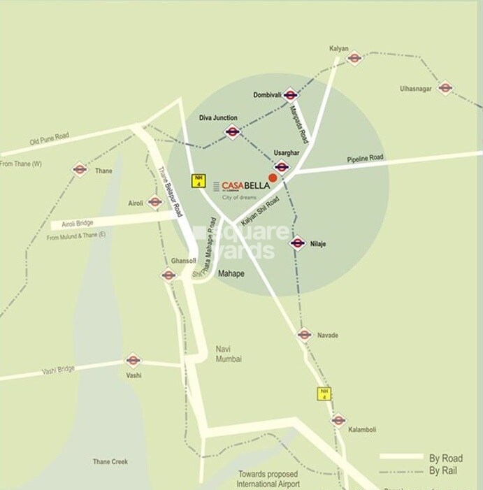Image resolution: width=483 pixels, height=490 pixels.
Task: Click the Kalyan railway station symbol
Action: coord(354,58)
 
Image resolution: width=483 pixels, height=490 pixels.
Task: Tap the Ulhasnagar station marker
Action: coord(445,87)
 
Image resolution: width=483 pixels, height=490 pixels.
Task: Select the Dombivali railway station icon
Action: coord(291,95)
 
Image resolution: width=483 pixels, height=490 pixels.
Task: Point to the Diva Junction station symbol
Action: coord(233,131)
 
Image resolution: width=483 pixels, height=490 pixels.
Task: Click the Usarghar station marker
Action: coord(282,166)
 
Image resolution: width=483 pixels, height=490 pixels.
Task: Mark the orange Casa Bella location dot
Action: coord(273,178)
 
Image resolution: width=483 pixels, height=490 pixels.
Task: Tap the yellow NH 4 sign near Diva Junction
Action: coord(198,180)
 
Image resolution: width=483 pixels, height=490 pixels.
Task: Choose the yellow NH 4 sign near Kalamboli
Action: coord(324,393)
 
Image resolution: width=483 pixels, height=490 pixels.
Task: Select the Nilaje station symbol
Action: coord(298,243)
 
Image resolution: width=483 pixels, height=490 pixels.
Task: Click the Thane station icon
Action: coord(80,169)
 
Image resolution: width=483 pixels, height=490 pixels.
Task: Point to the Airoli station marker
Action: coord(155,202)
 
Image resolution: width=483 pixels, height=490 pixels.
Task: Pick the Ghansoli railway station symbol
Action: coord(168,275)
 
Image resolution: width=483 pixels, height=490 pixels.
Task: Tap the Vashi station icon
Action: coord(133,361)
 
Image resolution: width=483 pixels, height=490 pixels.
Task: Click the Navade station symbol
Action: coord(304,335)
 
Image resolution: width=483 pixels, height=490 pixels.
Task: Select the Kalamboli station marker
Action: coord(338,420)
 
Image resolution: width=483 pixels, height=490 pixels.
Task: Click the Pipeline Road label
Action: coord(366,159)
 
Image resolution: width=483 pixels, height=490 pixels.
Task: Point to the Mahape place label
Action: coord(231,273)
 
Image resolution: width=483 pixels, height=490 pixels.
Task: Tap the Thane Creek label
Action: coord(110,462)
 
